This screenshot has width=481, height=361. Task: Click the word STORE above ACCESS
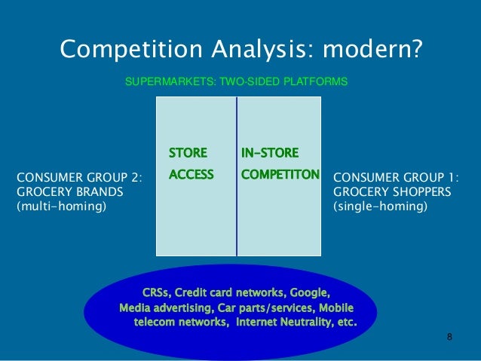188,153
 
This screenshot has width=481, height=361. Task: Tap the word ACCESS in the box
191,175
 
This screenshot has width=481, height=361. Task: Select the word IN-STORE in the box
270,153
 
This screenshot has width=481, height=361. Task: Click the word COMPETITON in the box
280,175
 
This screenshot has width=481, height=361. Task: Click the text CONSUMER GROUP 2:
79,178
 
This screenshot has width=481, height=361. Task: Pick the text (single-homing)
379,206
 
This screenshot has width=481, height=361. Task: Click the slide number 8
449,337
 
